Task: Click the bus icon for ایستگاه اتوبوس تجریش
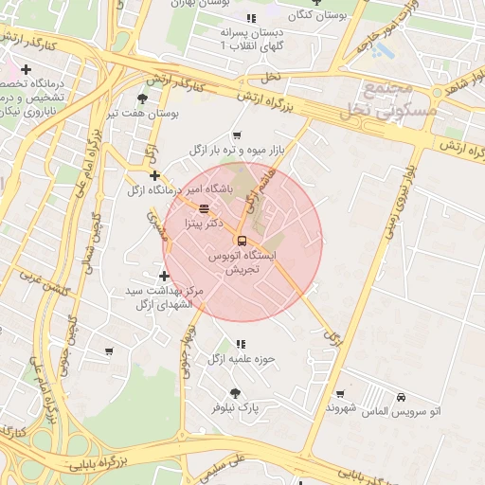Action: pyautogui.click(x=242, y=240)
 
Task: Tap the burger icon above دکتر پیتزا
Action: pyautogui.click(x=204, y=208)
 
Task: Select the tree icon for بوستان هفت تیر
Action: pyautogui.click(x=142, y=98)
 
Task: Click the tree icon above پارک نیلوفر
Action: pyautogui.click(x=235, y=393)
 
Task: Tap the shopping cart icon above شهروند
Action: pyautogui.click(x=340, y=393)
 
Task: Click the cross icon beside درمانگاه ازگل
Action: pyautogui.click(x=154, y=175)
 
